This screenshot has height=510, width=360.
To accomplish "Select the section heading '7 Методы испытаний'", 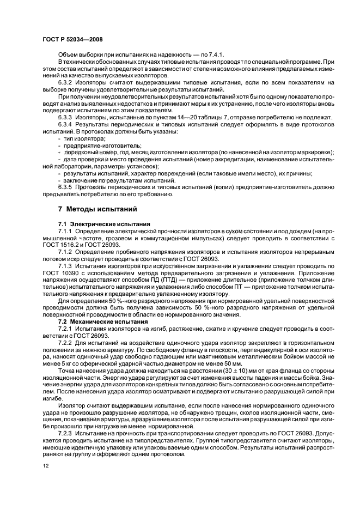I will click(93, 209).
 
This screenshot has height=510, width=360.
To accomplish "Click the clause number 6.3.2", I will click(66, 82).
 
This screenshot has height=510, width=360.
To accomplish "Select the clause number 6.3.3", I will click(66, 117).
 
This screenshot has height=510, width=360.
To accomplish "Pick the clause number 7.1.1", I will click(66, 231).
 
